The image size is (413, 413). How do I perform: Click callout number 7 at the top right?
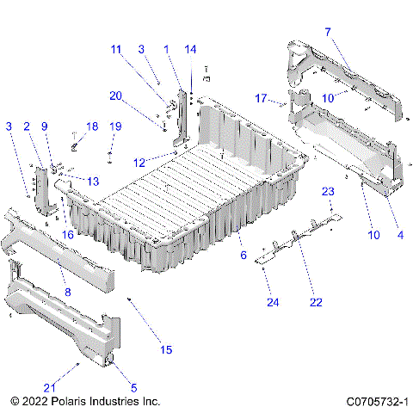point(327,32)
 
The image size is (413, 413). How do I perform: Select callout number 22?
point(316,302)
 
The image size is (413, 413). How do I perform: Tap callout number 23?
point(328,190)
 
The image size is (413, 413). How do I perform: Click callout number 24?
point(273,302)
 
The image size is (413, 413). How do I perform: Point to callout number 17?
point(261,98)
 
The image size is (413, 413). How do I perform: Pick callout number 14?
point(190,49)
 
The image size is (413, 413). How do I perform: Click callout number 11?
point(116,49)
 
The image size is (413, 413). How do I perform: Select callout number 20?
point(115,95)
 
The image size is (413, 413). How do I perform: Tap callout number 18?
point(92,126)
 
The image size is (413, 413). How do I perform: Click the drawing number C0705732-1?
point(376,401)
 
